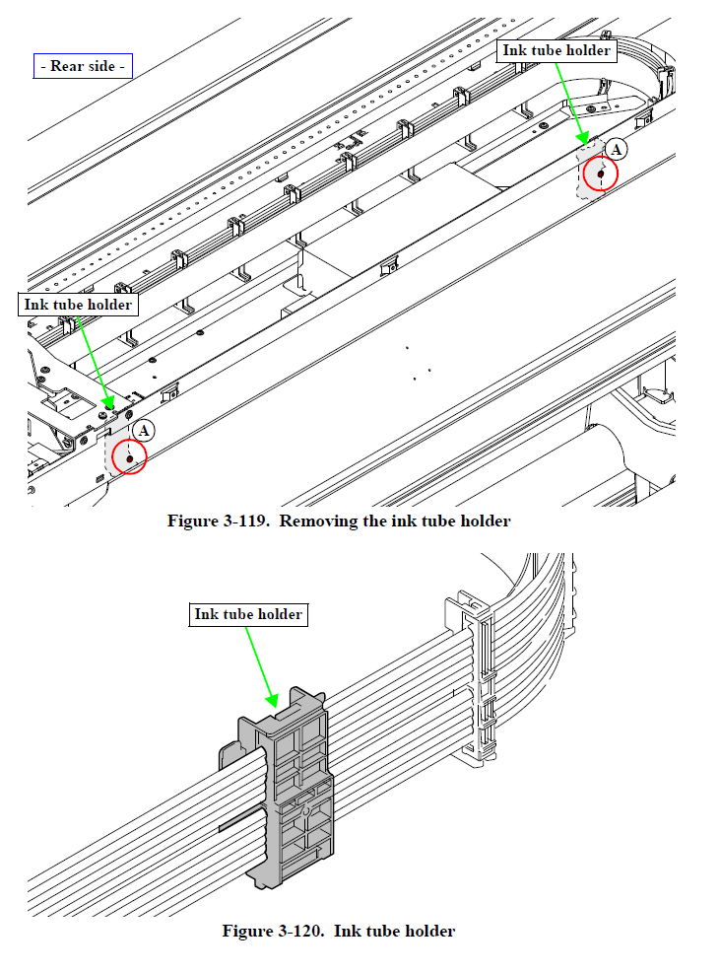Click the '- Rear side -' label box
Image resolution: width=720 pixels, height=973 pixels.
click(83, 66)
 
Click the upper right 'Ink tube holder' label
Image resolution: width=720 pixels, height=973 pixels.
click(556, 50)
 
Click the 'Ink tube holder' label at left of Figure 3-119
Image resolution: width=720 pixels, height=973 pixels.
click(78, 305)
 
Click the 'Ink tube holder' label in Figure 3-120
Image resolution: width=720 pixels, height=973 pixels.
click(248, 614)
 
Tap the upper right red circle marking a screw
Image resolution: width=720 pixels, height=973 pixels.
click(600, 174)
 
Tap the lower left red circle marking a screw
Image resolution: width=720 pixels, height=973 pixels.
click(128, 457)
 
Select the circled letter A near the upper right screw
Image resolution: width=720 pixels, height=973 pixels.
click(617, 149)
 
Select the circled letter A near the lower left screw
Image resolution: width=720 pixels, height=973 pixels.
click(144, 431)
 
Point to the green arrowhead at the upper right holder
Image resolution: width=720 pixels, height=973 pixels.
click(584, 138)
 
